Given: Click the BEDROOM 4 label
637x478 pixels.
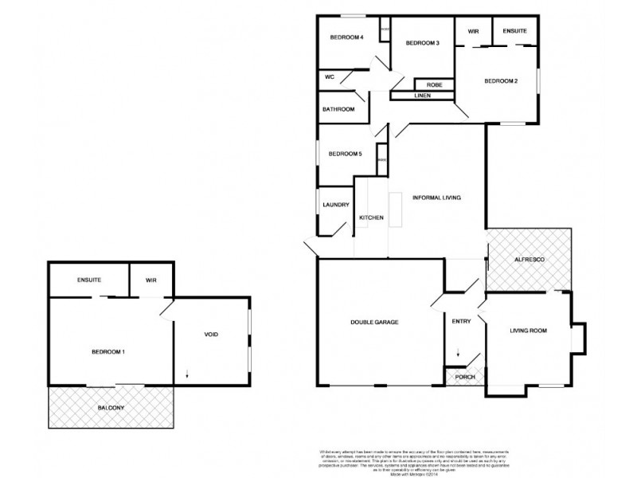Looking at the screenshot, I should click(x=347, y=37).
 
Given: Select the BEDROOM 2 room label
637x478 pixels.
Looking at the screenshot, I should click(x=502, y=81).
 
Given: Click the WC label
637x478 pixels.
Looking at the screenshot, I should click(x=329, y=78).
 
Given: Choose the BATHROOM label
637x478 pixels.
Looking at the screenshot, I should click(x=338, y=109).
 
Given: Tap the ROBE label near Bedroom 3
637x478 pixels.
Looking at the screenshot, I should click(x=435, y=84).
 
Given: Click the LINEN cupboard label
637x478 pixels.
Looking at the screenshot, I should click(x=423, y=96).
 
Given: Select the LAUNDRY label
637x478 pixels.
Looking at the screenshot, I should click(x=336, y=205).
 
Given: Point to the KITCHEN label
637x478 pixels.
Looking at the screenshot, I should click(x=372, y=217).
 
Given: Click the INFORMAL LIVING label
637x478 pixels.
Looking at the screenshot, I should click(x=437, y=197).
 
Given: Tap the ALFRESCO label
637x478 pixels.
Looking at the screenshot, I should click(x=529, y=260).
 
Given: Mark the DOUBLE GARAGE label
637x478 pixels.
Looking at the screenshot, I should click(x=374, y=322).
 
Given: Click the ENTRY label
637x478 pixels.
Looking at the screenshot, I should click(x=462, y=322).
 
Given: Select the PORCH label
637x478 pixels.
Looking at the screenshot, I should click(x=464, y=377).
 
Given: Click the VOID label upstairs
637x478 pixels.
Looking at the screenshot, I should click(x=210, y=334).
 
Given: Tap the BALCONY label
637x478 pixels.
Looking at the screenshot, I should click(x=111, y=407).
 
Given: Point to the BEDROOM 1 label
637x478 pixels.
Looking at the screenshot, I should click(x=108, y=351).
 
